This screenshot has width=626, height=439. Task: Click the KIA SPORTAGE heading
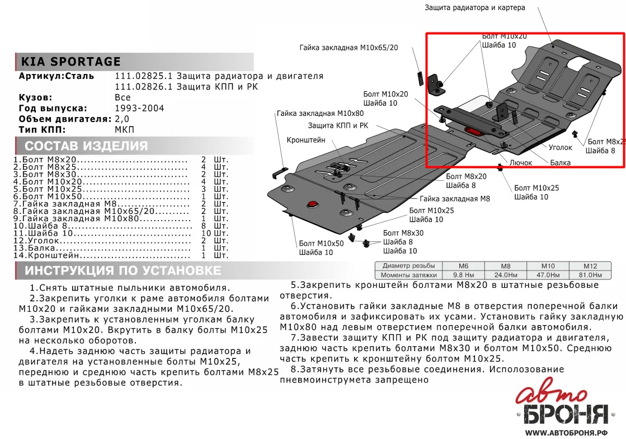pyautogui.click(x=70, y=62)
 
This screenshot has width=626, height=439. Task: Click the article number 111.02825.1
pyautogui.click(x=144, y=76)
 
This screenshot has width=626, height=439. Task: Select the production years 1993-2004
pyautogui.click(x=139, y=108)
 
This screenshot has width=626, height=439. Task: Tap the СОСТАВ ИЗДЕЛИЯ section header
pyautogui.click(x=86, y=146)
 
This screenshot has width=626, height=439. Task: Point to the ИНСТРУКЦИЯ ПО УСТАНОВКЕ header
pyautogui.click(x=123, y=270)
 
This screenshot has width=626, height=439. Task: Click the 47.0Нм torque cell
pyautogui.click(x=548, y=275)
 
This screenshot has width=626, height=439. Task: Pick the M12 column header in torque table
pyautogui.click(x=590, y=266)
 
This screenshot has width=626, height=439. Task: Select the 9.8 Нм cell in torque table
pyautogui.click(x=464, y=275)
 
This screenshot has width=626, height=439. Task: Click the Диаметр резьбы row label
pyautogui.click(x=409, y=265)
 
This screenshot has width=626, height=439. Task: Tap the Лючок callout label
pyautogui.click(x=521, y=162)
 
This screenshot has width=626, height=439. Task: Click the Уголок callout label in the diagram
pyautogui.click(x=561, y=147)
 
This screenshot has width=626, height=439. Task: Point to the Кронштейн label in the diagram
pyautogui.click(x=306, y=140)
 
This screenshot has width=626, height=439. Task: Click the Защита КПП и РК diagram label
pyautogui.click(x=338, y=125)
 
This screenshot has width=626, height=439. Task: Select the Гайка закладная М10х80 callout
pyautogui.click(x=320, y=114)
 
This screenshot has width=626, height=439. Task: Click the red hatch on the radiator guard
pyautogui.click(x=474, y=132)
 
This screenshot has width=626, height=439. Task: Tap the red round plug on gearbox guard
pyautogui.click(x=312, y=204)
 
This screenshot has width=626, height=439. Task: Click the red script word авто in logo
pyautogui.click(x=552, y=394)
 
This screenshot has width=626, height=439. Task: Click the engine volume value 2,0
pyautogui.click(x=122, y=119)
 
